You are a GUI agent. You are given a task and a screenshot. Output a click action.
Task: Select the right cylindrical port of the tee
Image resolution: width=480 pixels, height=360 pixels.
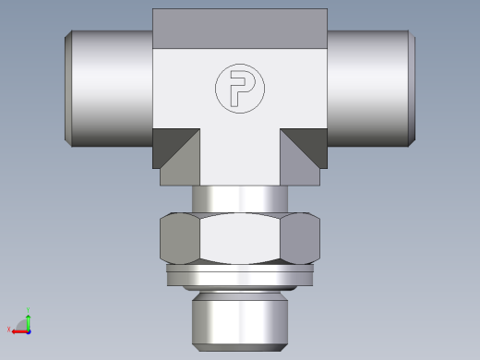point(369,88)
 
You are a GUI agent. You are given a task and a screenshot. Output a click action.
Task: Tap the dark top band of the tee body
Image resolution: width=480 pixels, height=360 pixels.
point(240,30)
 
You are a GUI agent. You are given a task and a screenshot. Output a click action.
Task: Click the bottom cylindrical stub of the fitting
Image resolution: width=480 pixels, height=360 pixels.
point(240,316)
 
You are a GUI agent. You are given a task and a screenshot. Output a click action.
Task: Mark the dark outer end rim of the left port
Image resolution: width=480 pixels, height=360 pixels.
point(69,88)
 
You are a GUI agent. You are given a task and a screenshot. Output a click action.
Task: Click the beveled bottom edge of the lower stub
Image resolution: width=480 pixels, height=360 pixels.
point(240,346)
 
